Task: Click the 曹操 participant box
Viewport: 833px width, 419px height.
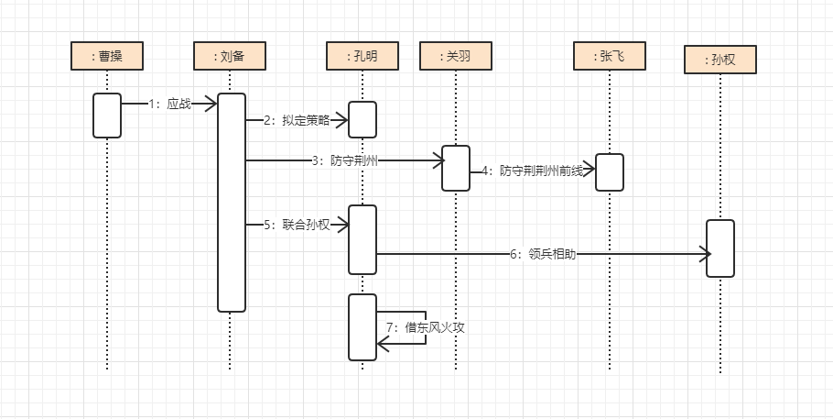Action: click(x=107, y=56)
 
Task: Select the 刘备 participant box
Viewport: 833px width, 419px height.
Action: click(x=231, y=56)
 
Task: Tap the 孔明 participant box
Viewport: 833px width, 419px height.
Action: click(x=362, y=56)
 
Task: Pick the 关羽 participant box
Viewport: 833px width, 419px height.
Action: click(x=456, y=56)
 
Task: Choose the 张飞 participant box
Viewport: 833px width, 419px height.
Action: click(x=610, y=56)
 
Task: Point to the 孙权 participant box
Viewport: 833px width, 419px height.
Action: click(x=720, y=60)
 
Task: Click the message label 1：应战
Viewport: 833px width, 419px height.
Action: click(x=169, y=104)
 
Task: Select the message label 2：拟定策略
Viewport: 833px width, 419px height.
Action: click(x=296, y=119)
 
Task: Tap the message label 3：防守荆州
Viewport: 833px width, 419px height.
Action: click(x=344, y=160)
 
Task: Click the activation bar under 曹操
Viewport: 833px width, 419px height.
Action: click(x=107, y=116)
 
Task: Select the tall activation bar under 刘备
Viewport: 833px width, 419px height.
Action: click(x=231, y=202)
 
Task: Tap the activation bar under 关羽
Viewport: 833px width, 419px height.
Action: click(x=456, y=168)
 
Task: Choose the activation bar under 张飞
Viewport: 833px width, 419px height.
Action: click(x=610, y=171)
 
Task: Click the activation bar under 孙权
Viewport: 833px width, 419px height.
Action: click(x=720, y=248)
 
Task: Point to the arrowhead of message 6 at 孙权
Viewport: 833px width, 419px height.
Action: click(x=705, y=254)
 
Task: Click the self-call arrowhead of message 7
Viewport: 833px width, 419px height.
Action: click(x=383, y=344)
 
